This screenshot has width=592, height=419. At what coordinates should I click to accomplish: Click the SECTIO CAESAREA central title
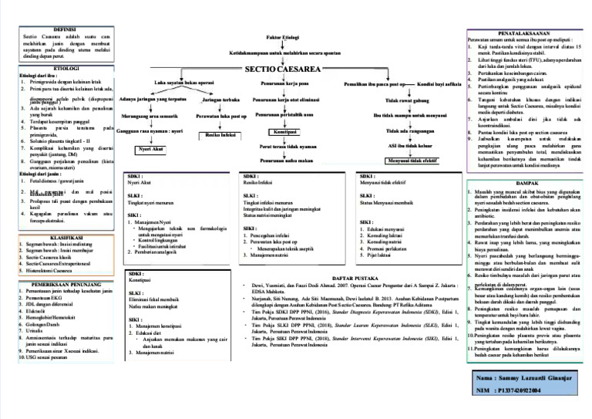coord(284,69)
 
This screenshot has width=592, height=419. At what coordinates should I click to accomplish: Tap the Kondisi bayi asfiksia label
coord(439,83)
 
